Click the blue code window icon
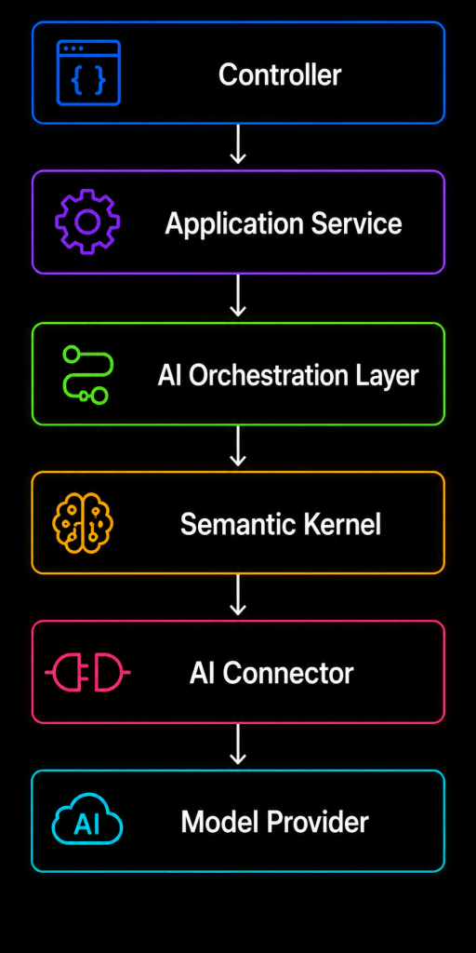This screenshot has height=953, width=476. pyautogui.click(x=88, y=73)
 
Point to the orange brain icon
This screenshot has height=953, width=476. pyautogui.click(x=83, y=523)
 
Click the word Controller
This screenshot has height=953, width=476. pyautogui.click(x=280, y=75)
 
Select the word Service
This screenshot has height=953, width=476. pyautogui.click(x=357, y=223)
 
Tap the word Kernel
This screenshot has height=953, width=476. pyautogui.click(x=346, y=525)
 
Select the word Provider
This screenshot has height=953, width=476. pyautogui.click(x=320, y=823)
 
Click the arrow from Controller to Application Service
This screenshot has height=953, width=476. pyautogui.click(x=238, y=144)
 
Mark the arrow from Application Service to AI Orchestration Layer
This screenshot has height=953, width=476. pyautogui.click(x=238, y=295)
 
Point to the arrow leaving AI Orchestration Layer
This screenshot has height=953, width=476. pyautogui.click(x=238, y=446)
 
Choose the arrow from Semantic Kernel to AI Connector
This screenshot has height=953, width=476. pyautogui.click(x=238, y=595)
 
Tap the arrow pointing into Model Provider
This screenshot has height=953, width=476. pyautogui.click(x=238, y=744)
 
